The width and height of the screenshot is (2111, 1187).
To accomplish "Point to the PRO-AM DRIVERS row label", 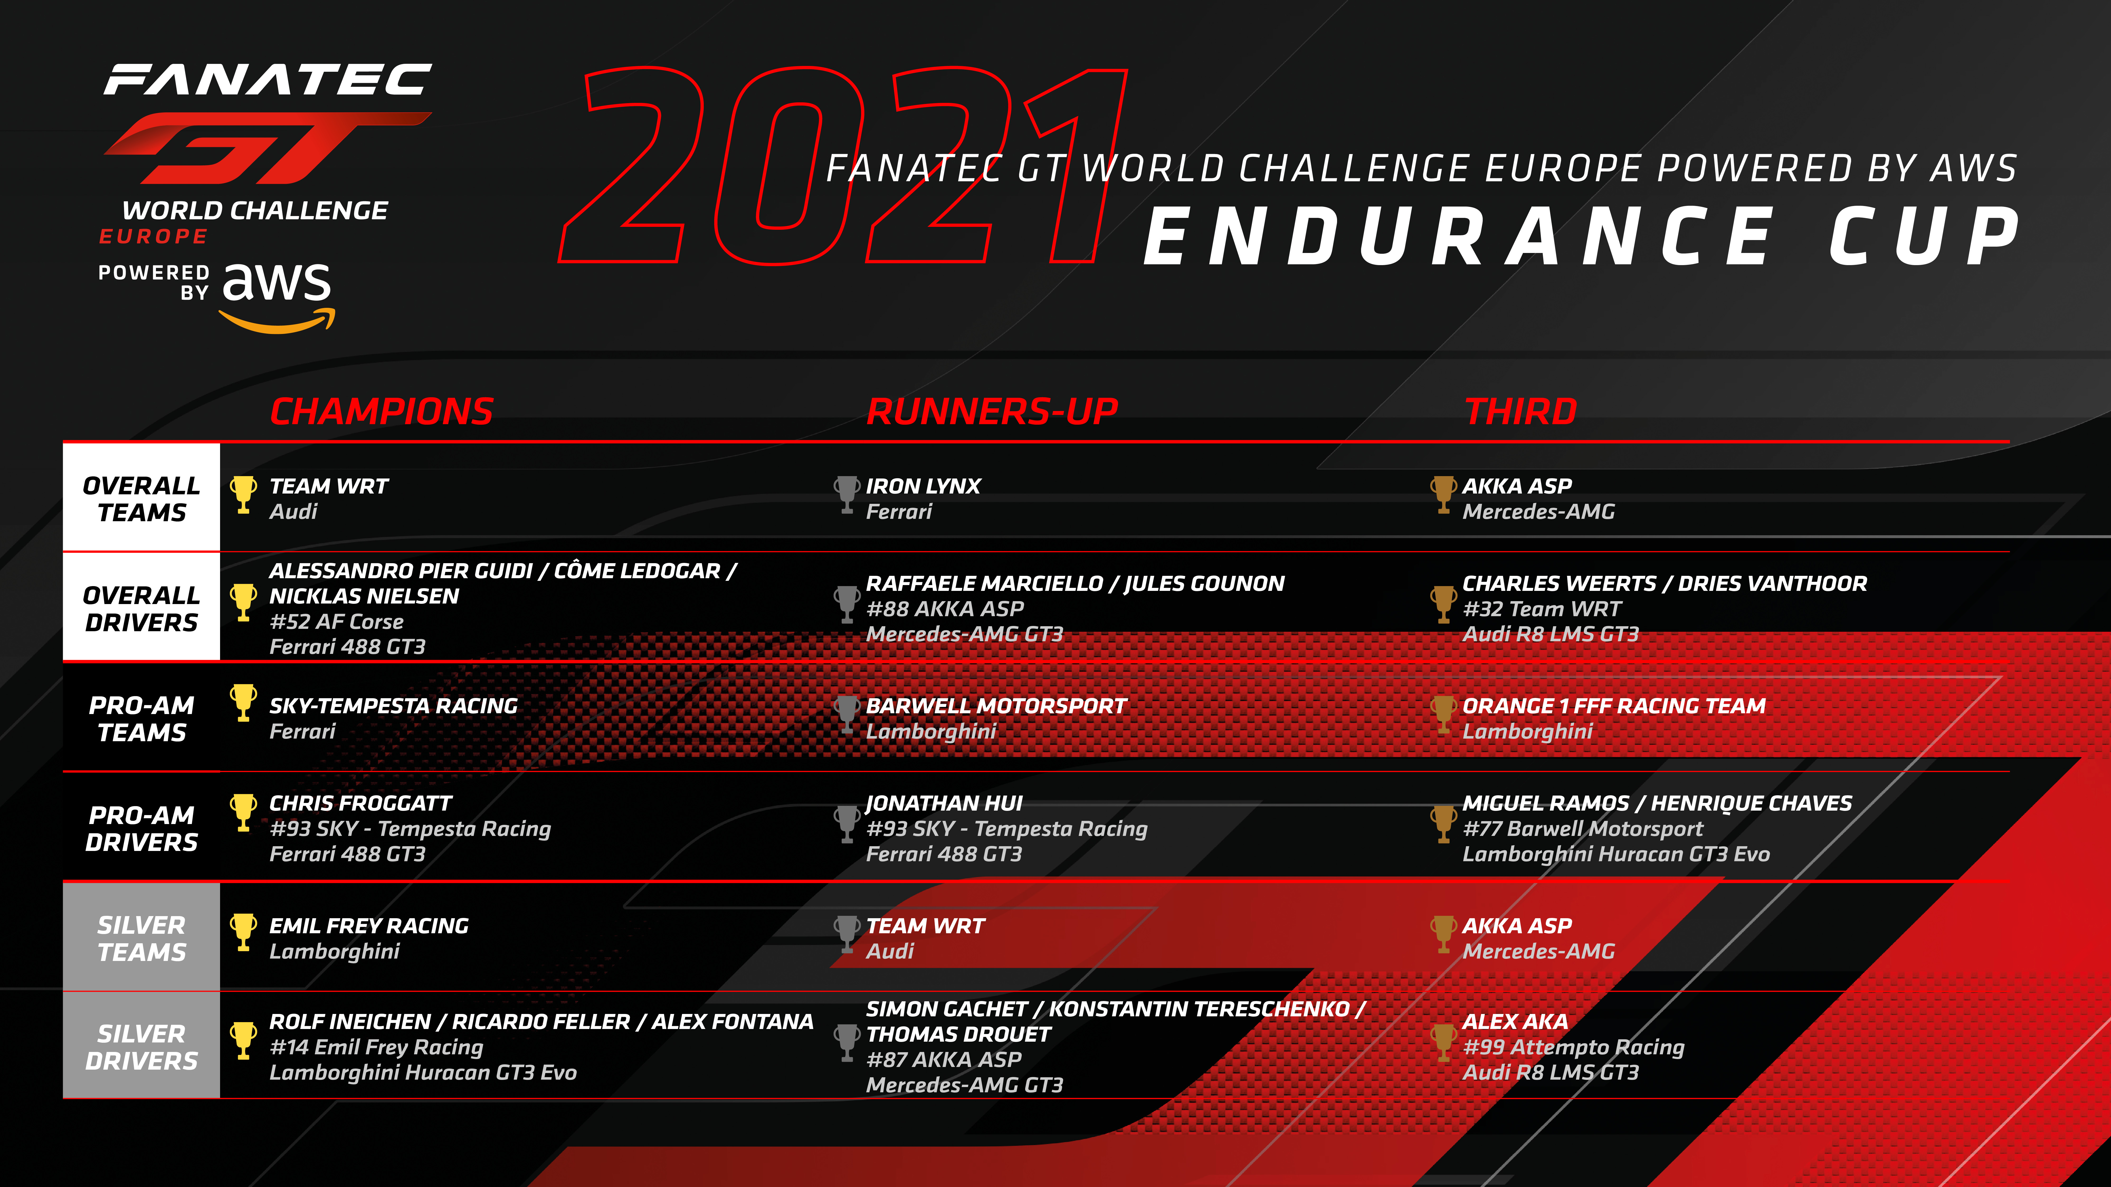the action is (142, 828).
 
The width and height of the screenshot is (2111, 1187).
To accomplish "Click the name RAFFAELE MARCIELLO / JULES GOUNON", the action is (1075, 583).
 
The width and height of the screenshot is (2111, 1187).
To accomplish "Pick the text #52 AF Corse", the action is (337, 622).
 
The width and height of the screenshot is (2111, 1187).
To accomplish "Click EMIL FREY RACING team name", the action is (369, 926).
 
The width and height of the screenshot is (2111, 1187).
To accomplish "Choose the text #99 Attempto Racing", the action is (1573, 1047).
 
